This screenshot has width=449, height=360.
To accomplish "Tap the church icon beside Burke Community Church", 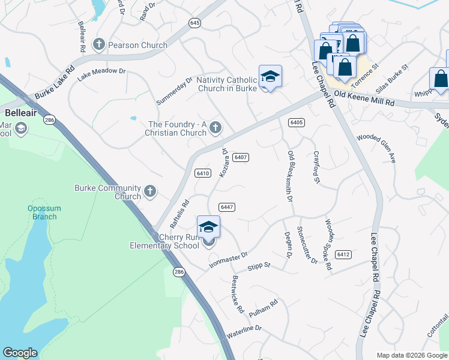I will click(x=150, y=192).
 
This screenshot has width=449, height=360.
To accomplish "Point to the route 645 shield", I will click(x=194, y=23).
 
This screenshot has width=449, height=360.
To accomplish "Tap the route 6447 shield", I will click(x=226, y=207).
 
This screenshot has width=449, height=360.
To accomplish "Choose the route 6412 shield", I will click(x=343, y=254).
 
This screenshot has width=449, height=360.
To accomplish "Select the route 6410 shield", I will click(x=202, y=173).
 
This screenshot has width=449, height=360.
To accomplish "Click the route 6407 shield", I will click(x=241, y=157).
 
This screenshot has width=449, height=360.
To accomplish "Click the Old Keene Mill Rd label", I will click(x=364, y=103).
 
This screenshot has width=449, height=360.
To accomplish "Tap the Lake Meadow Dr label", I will click(x=101, y=71).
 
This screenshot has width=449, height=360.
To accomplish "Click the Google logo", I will click(x=20, y=353).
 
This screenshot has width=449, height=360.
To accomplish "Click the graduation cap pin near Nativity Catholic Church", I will click(x=270, y=76).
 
